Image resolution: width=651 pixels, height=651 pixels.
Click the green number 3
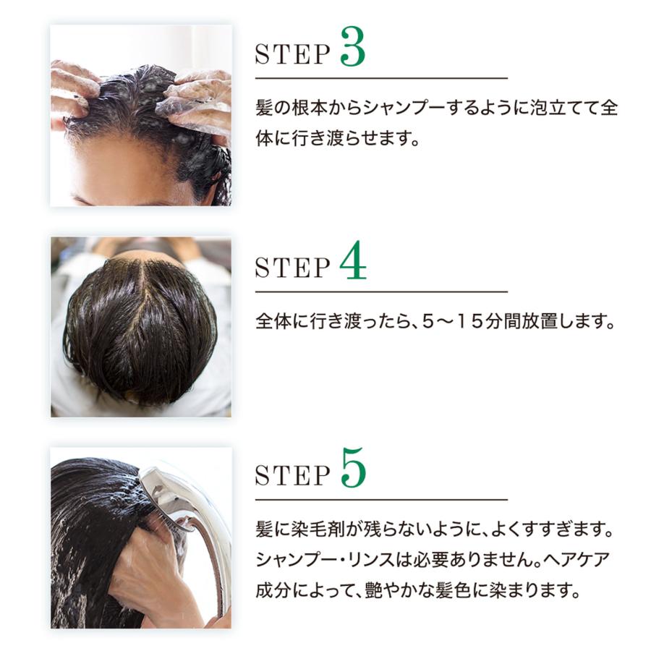[352, 46]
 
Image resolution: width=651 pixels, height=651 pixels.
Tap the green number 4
[353, 260]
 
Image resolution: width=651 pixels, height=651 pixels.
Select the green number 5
[353, 468]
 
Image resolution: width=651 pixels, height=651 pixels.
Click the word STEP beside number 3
[292, 54]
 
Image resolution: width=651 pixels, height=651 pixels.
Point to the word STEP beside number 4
[292, 268]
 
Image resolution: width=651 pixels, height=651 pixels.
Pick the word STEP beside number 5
[292, 475]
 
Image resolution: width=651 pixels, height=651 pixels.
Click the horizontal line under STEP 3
[381, 77]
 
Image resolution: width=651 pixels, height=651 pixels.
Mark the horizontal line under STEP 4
[381, 292]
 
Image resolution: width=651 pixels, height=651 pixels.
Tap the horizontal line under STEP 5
[381, 499]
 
